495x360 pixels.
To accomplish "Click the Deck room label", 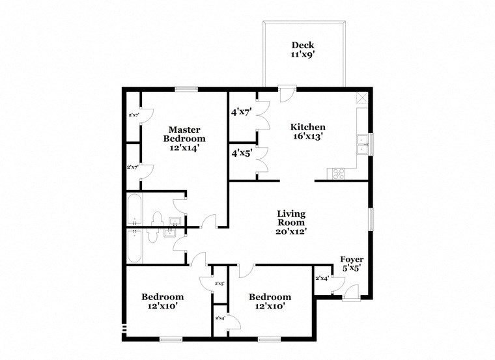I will pyautogui.click(x=303, y=45).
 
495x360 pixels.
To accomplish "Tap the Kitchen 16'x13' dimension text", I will pyautogui.click(x=307, y=137).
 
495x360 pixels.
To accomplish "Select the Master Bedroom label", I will pyautogui.click(x=184, y=133).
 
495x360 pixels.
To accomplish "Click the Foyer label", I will pyautogui.click(x=352, y=259).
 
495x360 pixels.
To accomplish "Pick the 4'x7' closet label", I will pyautogui.click(x=242, y=112).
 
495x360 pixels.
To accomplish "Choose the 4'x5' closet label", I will pyautogui.click(x=242, y=154).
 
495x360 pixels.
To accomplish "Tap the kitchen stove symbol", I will pyautogui.click(x=339, y=173).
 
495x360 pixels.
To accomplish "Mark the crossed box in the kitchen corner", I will pyautogui.click(x=362, y=99).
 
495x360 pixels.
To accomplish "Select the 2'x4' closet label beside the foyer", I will pyautogui.click(x=322, y=278).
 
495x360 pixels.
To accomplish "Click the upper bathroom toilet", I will pyautogui.click(x=155, y=217).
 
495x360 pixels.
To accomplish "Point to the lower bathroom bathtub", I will pyautogui.click(x=134, y=245).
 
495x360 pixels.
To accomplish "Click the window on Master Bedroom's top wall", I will pyautogui.click(x=186, y=89).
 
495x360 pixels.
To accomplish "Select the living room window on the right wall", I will pyautogui.click(x=371, y=219).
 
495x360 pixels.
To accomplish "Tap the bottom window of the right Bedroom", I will pyautogui.click(x=269, y=339).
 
